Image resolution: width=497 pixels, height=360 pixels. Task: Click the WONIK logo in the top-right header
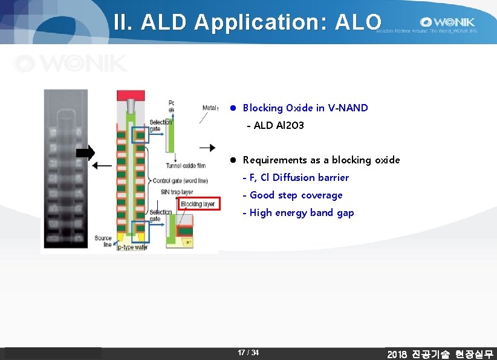tap(448, 22)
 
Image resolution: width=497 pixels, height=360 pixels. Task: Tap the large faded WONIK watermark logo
tap(70, 63)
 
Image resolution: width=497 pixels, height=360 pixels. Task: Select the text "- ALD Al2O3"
tap(275, 125)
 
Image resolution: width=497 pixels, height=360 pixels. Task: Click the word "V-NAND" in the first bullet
tap(348, 108)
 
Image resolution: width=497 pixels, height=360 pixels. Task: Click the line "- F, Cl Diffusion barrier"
tap(295, 177)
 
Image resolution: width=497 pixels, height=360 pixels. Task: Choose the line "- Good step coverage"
tap(292, 195)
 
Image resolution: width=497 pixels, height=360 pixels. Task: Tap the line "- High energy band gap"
tap(298, 212)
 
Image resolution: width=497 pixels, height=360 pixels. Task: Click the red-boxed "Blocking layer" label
tap(199, 204)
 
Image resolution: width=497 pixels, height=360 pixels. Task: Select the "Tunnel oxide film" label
tap(185, 166)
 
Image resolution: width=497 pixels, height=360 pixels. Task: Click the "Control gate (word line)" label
tap(180, 181)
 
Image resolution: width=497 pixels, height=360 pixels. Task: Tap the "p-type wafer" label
tap(132, 247)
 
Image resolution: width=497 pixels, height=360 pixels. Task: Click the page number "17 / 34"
tap(248, 353)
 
